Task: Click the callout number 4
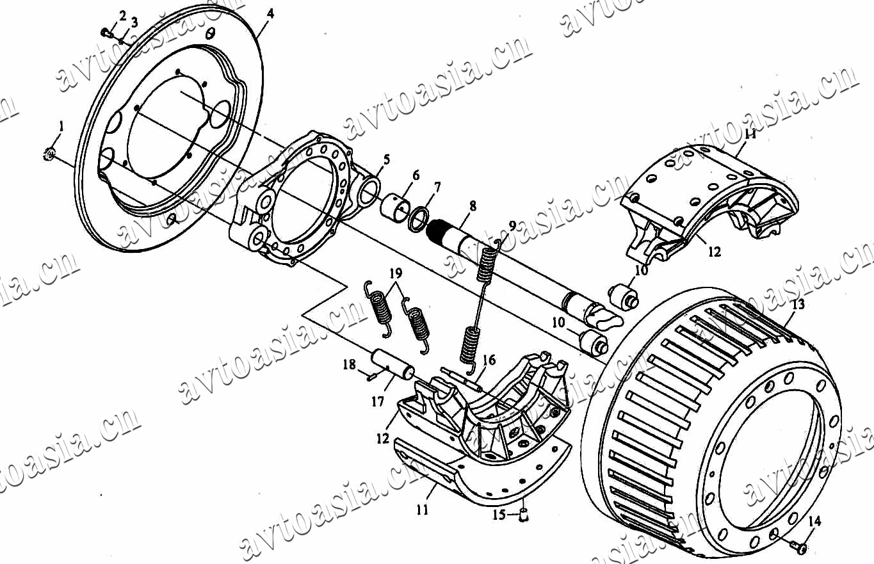pyautogui.click(x=270, y=14)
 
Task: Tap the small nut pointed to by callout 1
pyautogui.click(x=49, y=154)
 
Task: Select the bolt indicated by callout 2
pyautogui.click(x=106, y=33)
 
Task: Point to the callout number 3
pyautogui.click(x=134, y=22)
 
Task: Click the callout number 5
pyautogui.click(x=386, y=159)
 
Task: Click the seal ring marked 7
pyautogui.click(x=418, y=220)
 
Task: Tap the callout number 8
pyautogui.click(x=473, y=206)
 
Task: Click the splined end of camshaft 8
pyautogui.click(x=435, y=231)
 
